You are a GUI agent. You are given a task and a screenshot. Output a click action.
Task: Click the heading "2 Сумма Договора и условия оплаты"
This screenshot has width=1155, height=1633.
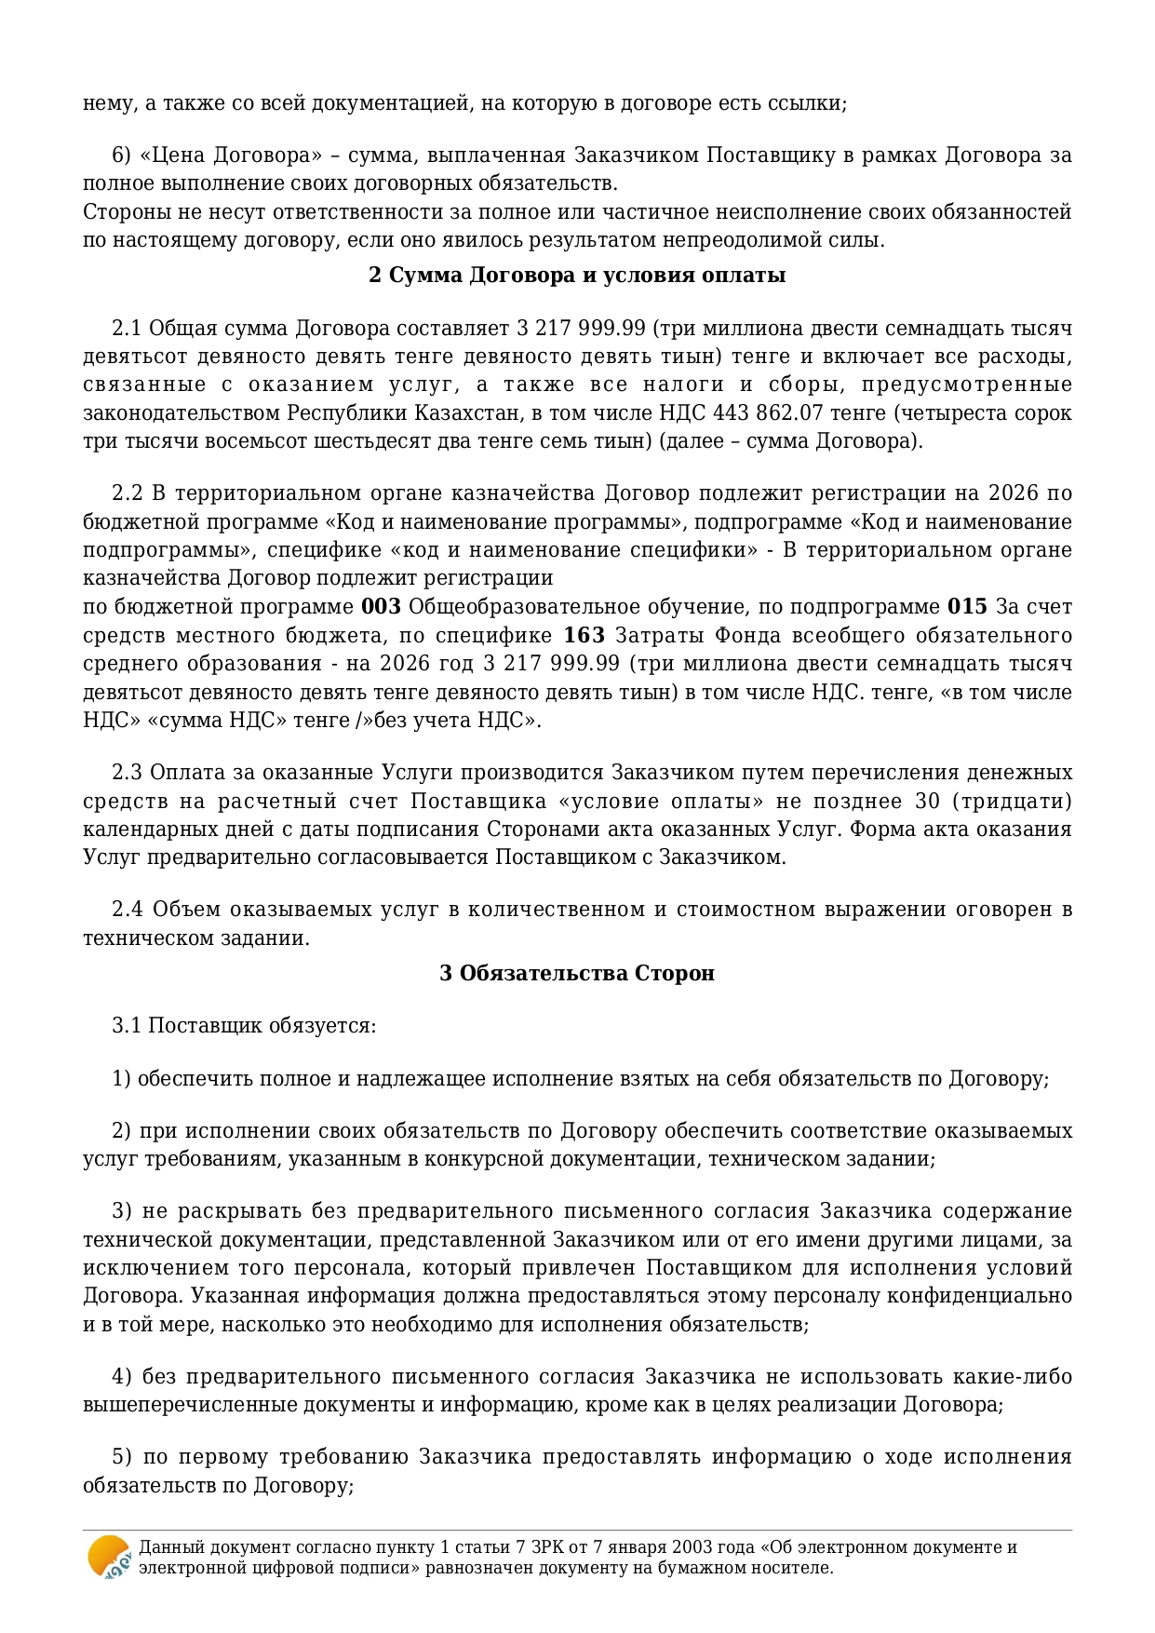(577, 276)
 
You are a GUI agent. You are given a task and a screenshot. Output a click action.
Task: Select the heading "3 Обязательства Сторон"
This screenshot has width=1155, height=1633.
(577, 973)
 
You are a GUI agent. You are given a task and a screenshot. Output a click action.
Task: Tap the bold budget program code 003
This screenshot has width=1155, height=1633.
(381, 607)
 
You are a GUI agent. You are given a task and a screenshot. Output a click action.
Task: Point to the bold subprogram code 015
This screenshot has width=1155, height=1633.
(967, 607)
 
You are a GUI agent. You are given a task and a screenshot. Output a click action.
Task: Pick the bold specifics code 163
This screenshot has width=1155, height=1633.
(584, 636)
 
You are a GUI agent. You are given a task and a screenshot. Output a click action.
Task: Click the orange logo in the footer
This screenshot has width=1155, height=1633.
(109, 1557)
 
